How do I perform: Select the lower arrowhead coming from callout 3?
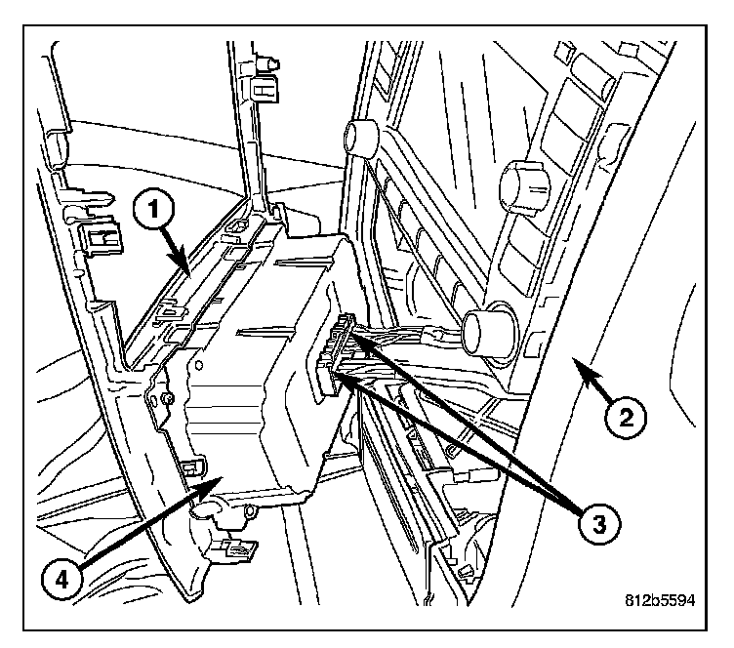coord(338,374)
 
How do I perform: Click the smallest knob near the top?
coord(361,136)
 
